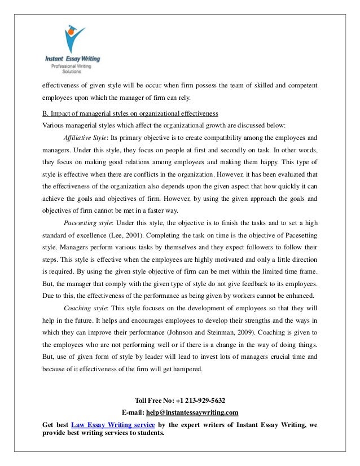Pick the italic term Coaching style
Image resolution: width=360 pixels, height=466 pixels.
pos(85,309)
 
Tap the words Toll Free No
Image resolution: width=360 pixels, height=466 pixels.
pos(153,401)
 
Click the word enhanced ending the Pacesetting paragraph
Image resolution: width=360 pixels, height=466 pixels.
pos(298,296)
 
